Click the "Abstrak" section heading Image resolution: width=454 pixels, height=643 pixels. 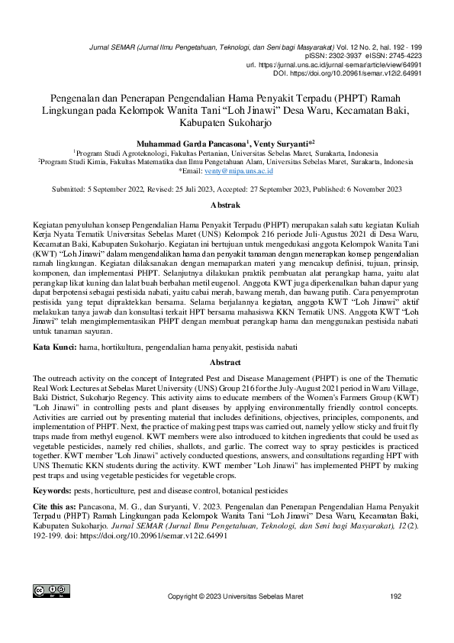tap(227, 205)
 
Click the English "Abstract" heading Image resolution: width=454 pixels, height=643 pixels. tap(227, 363)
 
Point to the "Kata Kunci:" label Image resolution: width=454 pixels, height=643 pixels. tap(54, 347)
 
